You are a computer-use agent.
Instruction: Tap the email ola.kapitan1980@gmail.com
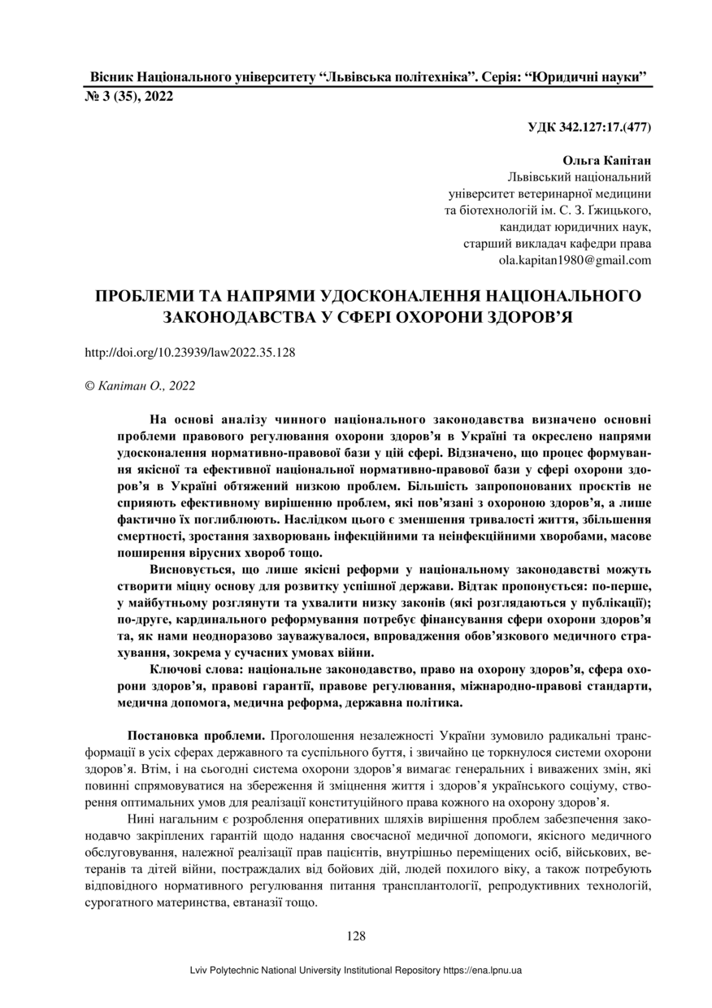[x=575, y=261]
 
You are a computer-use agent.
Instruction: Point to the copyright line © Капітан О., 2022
[x=140, y=386]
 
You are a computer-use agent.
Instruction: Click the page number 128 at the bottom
[x=356, y=936]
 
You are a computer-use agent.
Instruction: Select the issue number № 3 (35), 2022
[x=128, y=98]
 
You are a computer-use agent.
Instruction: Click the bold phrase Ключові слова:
[x=198, y=669]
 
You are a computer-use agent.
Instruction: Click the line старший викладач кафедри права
[x=557, y=244]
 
